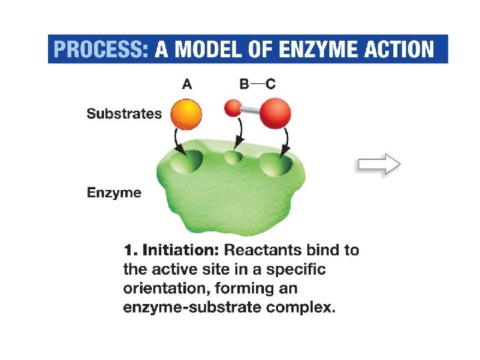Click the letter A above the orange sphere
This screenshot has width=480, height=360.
tap(187, 84)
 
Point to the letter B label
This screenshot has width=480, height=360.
tap(244, 84)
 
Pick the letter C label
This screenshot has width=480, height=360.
tap(270, 84)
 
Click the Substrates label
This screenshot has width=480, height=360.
tap(124, 113)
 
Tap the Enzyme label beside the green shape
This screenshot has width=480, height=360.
tap(114, 193)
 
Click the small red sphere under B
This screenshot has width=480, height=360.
tap(233, 107)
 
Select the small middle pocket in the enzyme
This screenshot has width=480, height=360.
tap(233, 158)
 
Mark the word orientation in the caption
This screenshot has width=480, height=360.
tap(163, 289)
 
